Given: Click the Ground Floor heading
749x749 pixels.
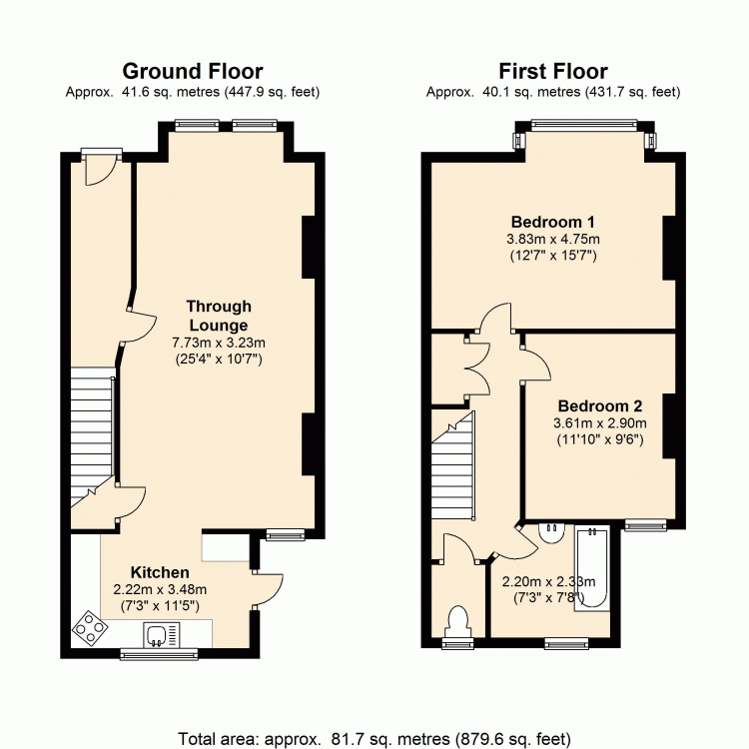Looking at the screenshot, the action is pos(193,72).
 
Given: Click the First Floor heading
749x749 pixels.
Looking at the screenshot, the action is pos(553,72).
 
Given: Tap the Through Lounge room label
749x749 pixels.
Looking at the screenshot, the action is pos(219,316).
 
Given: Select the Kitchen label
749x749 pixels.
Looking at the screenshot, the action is pos(160,572).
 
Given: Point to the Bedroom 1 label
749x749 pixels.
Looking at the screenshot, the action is pos(553,222).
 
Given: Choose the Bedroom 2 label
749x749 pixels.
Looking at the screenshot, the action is pos(600,405).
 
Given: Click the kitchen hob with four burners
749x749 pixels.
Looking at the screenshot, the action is pos(90,628).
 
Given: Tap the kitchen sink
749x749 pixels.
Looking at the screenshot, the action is pos(162,635).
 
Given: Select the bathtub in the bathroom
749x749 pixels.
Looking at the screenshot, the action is pos(592,568).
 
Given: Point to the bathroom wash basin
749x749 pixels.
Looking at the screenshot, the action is pos(552,532).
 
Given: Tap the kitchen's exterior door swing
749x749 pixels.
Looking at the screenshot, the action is pos(268,588).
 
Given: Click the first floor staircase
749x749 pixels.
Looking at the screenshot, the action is pos(452,465).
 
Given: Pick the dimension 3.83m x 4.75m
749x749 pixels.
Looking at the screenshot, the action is pos(553,239).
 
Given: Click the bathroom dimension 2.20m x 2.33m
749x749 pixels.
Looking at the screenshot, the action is pos(549,581).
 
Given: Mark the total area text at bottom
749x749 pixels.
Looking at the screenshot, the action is pos(374,738).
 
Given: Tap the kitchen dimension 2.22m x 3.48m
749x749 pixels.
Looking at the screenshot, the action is pos(160,589).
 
